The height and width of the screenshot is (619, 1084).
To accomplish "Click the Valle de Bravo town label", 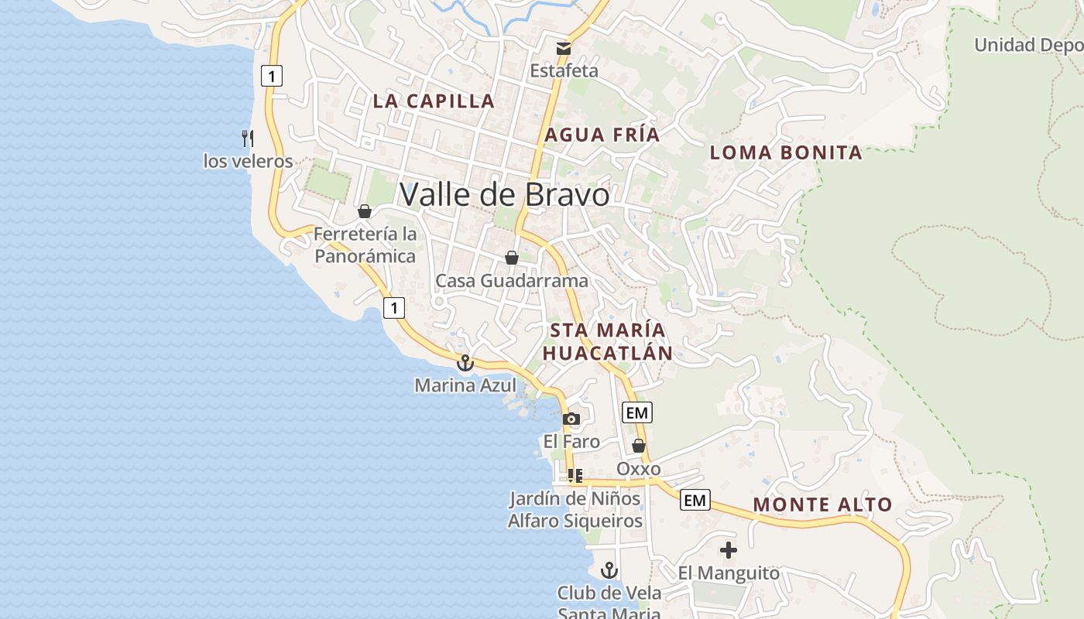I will coord(504,194).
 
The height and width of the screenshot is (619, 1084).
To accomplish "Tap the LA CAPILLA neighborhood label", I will coord(434,101).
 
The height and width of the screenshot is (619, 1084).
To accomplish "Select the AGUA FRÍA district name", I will coord(602,135).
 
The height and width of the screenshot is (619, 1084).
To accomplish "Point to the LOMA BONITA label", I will coord(786,152).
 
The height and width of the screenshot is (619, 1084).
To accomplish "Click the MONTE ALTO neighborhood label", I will coord(822,504).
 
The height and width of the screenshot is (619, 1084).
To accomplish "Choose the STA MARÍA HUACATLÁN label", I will coord(607,341).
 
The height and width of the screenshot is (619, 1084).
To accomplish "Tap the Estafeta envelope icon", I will coord(564,49).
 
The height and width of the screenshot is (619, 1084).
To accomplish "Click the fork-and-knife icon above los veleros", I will coord(248,139).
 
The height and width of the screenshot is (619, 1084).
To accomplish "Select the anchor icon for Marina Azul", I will coord(465,362).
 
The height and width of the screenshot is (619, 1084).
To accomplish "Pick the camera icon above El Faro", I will coord(571,419).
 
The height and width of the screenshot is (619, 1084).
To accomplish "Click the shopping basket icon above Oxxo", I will coord(639,446).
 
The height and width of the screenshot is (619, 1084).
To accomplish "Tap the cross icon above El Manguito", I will coord(729,550).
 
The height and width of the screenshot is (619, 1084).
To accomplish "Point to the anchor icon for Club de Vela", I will coord(609,570).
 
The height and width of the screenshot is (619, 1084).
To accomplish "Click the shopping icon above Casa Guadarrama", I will coord(512,258).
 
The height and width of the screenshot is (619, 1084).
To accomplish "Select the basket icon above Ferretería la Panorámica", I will coord(365,211).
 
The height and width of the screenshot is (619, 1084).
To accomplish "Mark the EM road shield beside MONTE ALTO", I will coord(695,501).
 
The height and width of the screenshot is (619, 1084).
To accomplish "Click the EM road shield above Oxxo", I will coord(636,412).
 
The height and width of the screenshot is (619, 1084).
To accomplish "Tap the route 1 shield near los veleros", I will coord(271,76).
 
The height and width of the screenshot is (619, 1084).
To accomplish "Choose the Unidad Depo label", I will coord(1028,45).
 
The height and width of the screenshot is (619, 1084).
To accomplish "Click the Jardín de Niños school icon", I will coord(575,475).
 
